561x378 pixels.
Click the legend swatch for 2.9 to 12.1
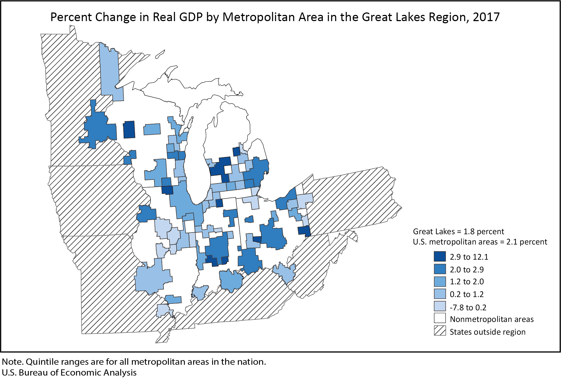coord(440,256)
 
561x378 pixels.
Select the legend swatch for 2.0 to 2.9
coord(440,269)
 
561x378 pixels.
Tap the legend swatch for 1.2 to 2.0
coord(440,281)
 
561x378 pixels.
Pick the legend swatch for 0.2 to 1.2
coord(440,294)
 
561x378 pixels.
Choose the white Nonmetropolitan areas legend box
coord(440,319)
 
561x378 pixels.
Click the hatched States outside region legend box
coord(440,331)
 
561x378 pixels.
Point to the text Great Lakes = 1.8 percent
coord(458,232)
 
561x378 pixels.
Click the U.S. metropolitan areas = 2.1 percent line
coord(480,242)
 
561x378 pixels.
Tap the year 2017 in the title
coord(486,17)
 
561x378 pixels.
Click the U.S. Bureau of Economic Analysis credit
coord(69,373)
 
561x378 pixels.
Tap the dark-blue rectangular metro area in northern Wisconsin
coord(129,130)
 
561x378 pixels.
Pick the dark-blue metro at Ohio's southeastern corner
coord(304,231)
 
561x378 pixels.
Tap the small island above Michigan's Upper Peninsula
coord(160,54)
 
